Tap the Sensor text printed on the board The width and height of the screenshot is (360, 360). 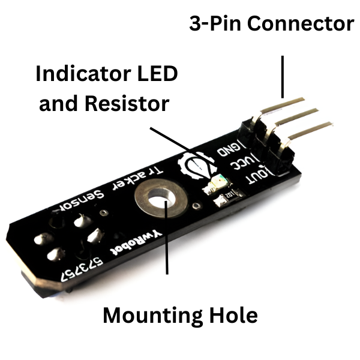83,200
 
